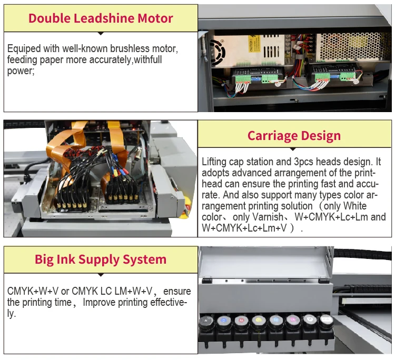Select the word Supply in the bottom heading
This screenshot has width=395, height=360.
(99, 259)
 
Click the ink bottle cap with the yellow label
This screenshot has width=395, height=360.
(259, 320)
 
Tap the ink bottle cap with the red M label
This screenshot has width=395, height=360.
(241, 321)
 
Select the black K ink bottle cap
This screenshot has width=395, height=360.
(206, 321)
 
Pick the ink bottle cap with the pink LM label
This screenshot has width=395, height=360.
(293, 319)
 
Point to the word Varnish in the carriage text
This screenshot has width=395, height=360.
(268, 217)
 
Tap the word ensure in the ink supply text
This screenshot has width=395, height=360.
(177, 291)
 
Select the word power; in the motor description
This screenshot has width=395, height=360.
(21, 71)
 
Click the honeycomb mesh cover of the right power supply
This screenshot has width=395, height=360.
(350, 47)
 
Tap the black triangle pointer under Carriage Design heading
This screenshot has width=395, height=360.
(293, 149)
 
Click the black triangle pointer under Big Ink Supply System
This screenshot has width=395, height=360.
(101, 275)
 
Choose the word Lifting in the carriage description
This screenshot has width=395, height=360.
(214, 162)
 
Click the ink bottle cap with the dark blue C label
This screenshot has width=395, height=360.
(224, 321)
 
